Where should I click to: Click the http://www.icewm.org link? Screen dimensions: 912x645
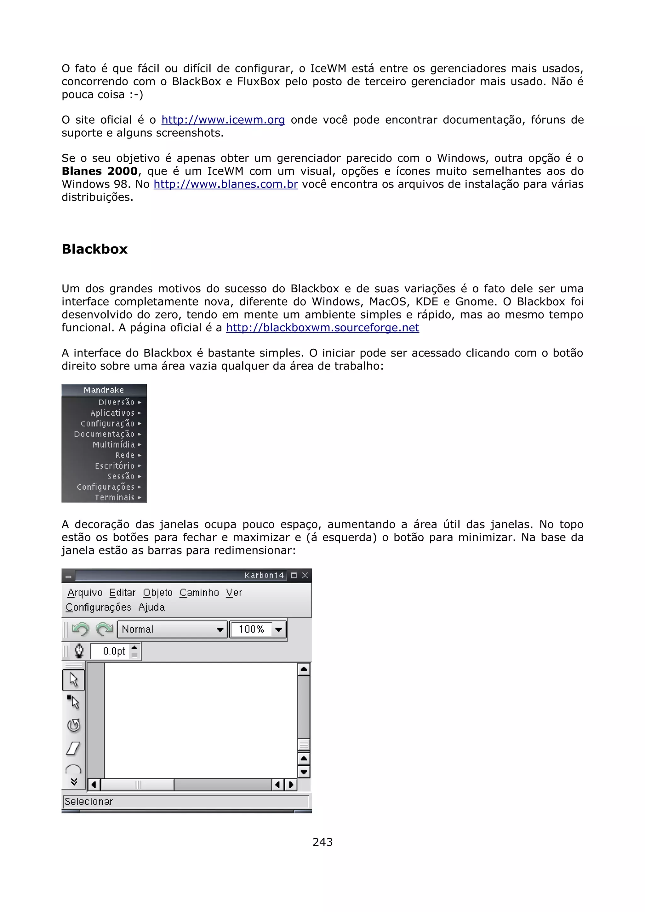pos(223,120)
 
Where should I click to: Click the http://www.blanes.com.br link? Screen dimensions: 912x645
pos(226,184)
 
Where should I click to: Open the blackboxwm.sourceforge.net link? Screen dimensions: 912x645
pos(322,328)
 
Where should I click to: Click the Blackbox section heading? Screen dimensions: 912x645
pos(94,249)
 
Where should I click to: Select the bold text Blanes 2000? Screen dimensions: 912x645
pos(99,171)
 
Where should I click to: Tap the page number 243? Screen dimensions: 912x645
pos(322,842)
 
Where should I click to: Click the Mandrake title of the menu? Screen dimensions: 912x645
pos(104,390)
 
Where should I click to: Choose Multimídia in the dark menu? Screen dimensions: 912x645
pos(114,444)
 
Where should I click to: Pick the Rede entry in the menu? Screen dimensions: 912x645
pos(125,455)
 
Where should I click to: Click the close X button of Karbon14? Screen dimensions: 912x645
pos(305,575)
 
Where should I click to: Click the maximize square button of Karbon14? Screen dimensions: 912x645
pos(294,575)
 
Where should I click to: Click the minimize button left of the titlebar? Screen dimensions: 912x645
pos(68,576)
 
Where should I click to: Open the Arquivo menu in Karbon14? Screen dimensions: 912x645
pos(85,593)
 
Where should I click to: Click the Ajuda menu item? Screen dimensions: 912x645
pos(151,607)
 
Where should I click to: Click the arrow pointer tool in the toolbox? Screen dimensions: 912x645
pos(73,680)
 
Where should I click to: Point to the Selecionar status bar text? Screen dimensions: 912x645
pos(88,802)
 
